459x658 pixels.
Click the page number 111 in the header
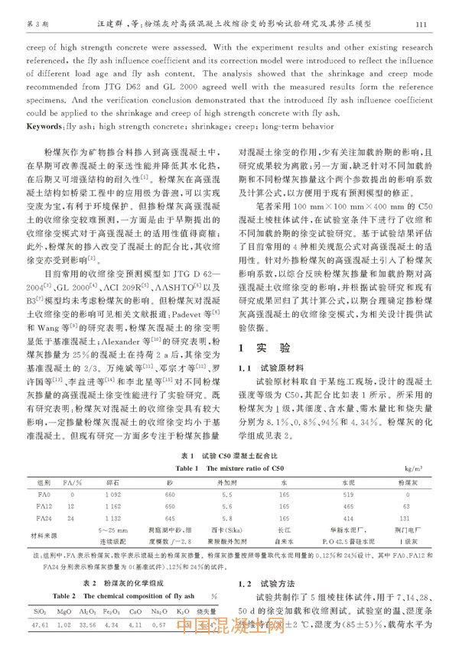pyautogui.click(x=420, y=24)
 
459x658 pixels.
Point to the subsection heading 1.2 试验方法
pyautogui.click(x=267, y=583)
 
